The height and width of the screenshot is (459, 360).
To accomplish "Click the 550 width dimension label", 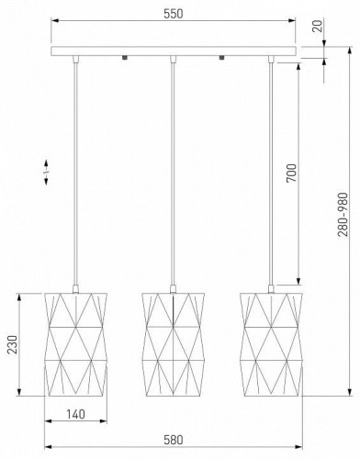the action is (174, 14).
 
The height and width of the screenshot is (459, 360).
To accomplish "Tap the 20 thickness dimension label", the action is (319, 26).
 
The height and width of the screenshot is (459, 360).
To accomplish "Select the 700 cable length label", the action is (291, 174).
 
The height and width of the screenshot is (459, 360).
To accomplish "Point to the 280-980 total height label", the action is (343, 215).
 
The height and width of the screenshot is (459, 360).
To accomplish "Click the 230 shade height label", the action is (13, 345).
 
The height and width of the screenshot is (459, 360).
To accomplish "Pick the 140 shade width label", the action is (75, 414).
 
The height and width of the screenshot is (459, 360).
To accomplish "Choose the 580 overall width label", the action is (174, 440).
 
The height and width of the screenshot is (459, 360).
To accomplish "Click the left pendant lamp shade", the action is (75, 344).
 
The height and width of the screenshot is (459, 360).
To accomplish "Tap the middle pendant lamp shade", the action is (173, 344).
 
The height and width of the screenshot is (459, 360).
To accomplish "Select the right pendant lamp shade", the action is (271, 344).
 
